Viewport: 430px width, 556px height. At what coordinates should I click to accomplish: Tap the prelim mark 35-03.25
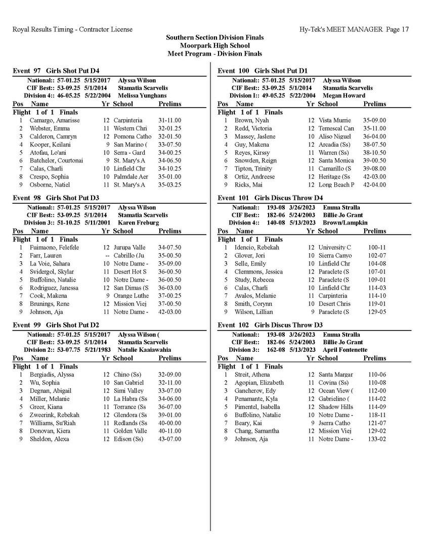coord(169,185)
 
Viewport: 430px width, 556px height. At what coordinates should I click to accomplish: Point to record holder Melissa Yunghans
coord(142,95)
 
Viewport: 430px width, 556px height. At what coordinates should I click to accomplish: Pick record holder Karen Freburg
coord(140,222)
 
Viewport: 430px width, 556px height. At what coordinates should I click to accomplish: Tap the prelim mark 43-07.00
coord(169,439)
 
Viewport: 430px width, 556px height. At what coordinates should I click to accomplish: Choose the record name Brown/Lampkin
coord(345,222)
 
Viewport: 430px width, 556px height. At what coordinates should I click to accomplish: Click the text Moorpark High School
coord(215,45)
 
